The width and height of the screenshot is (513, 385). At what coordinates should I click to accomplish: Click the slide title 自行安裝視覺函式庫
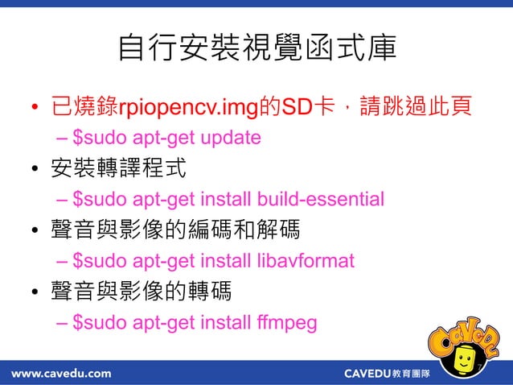(x=256, y=48)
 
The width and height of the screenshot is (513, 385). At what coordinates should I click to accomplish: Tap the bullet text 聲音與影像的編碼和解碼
(x=176, y=230)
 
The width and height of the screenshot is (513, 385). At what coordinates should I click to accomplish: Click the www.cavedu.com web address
(x=61, y=373)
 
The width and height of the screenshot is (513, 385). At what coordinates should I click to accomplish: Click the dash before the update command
(x=64, y=138)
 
